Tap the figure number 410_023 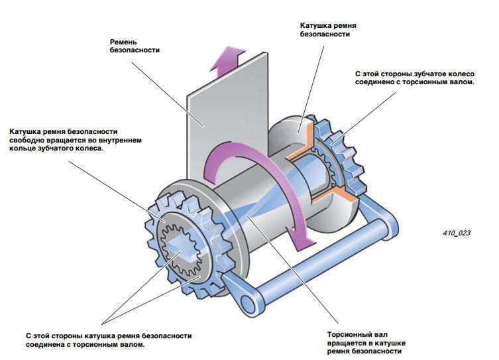click(457, 233)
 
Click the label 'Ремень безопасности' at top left click(135, 45)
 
